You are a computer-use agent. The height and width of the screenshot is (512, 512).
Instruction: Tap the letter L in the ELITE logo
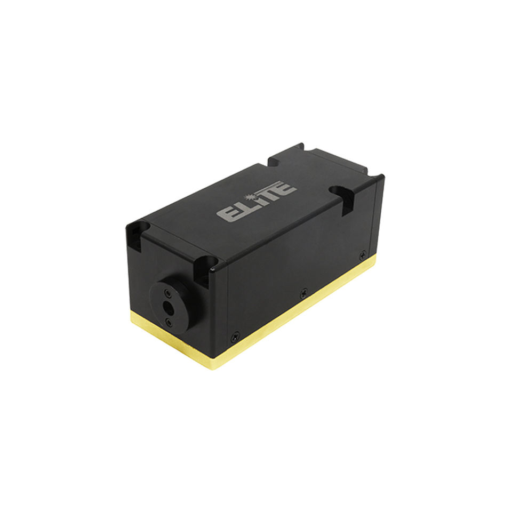coord(241,207)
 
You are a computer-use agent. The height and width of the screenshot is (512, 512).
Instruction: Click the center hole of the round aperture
coord(169,306)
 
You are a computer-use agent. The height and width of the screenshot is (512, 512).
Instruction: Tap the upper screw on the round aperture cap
coord(167,292)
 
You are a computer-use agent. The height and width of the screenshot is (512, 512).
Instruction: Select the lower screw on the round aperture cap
coord(169,323)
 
